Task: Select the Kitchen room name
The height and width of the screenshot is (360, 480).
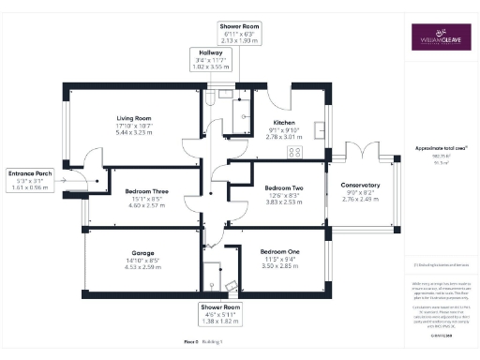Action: pyautogui.click(x=284, y=123)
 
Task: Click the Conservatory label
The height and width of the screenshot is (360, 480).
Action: pyautogui.click(x=360, y=186)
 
